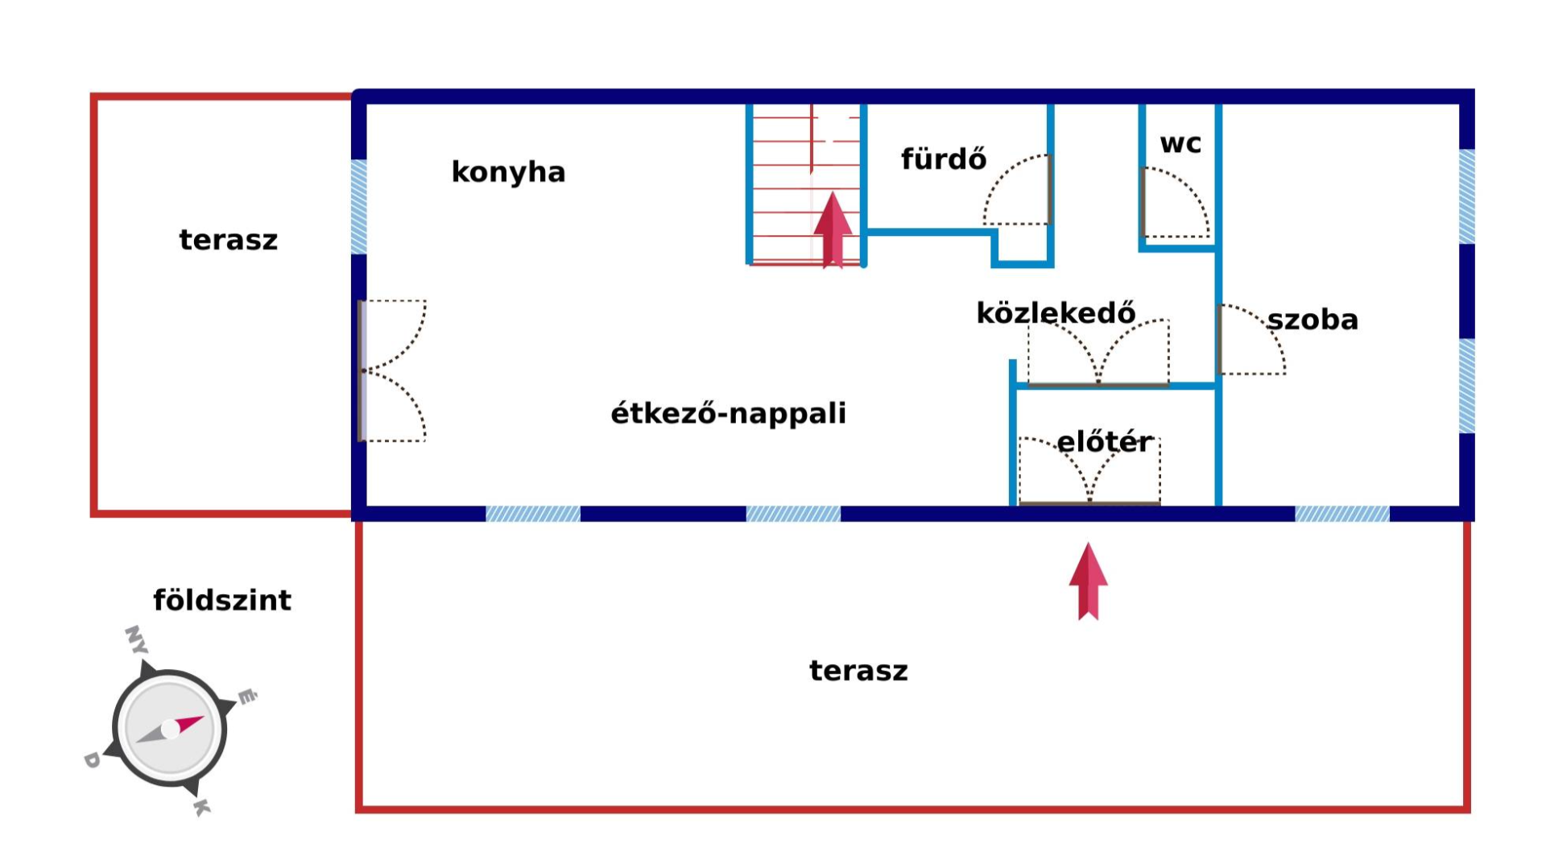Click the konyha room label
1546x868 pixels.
coord(508,172)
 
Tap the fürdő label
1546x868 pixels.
coord(943,159)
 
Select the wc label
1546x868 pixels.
coord(1180,144)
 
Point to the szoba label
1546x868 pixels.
coord(1312,320)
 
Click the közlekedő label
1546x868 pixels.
coord(1056,312)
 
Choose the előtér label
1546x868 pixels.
coord(1104,441)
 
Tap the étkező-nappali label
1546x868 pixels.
coord(728,413)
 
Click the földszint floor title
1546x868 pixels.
coord(222,600)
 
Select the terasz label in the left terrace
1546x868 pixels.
coord(228,240)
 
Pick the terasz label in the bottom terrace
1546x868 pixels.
coord(858,671)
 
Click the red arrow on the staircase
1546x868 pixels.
coord(833,229)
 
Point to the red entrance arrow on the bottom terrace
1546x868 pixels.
coord(1088,581)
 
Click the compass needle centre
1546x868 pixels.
coord(170,729)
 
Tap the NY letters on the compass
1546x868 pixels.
coord(136,639)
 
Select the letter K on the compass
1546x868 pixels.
coord(202,807)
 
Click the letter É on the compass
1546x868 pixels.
coord(247,696)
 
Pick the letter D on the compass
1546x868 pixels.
coord(92,759)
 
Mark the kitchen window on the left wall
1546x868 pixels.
coord(359,207)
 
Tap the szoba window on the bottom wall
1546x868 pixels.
coord(1341,514)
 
